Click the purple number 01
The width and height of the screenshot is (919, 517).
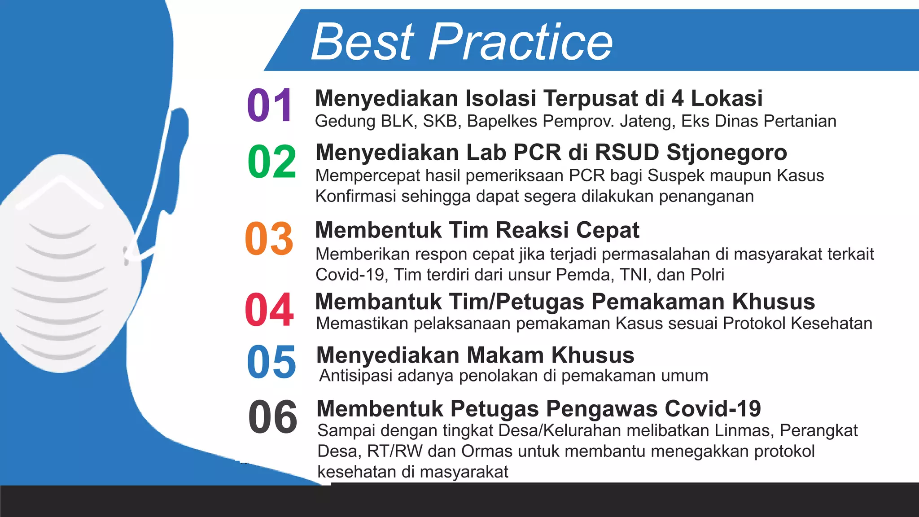point(270,105)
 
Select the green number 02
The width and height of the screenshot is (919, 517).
point(271,162)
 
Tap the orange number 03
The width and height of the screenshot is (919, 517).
point(269,238)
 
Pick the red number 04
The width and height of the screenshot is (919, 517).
point(269,310)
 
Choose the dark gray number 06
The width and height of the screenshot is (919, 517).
point(272,417)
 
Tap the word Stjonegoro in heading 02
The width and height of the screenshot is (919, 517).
point(726,153)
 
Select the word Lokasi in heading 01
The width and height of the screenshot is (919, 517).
point(726,98)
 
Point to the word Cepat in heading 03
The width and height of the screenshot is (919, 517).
point(608,231)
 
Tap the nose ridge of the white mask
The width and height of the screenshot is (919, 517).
point(61,180)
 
